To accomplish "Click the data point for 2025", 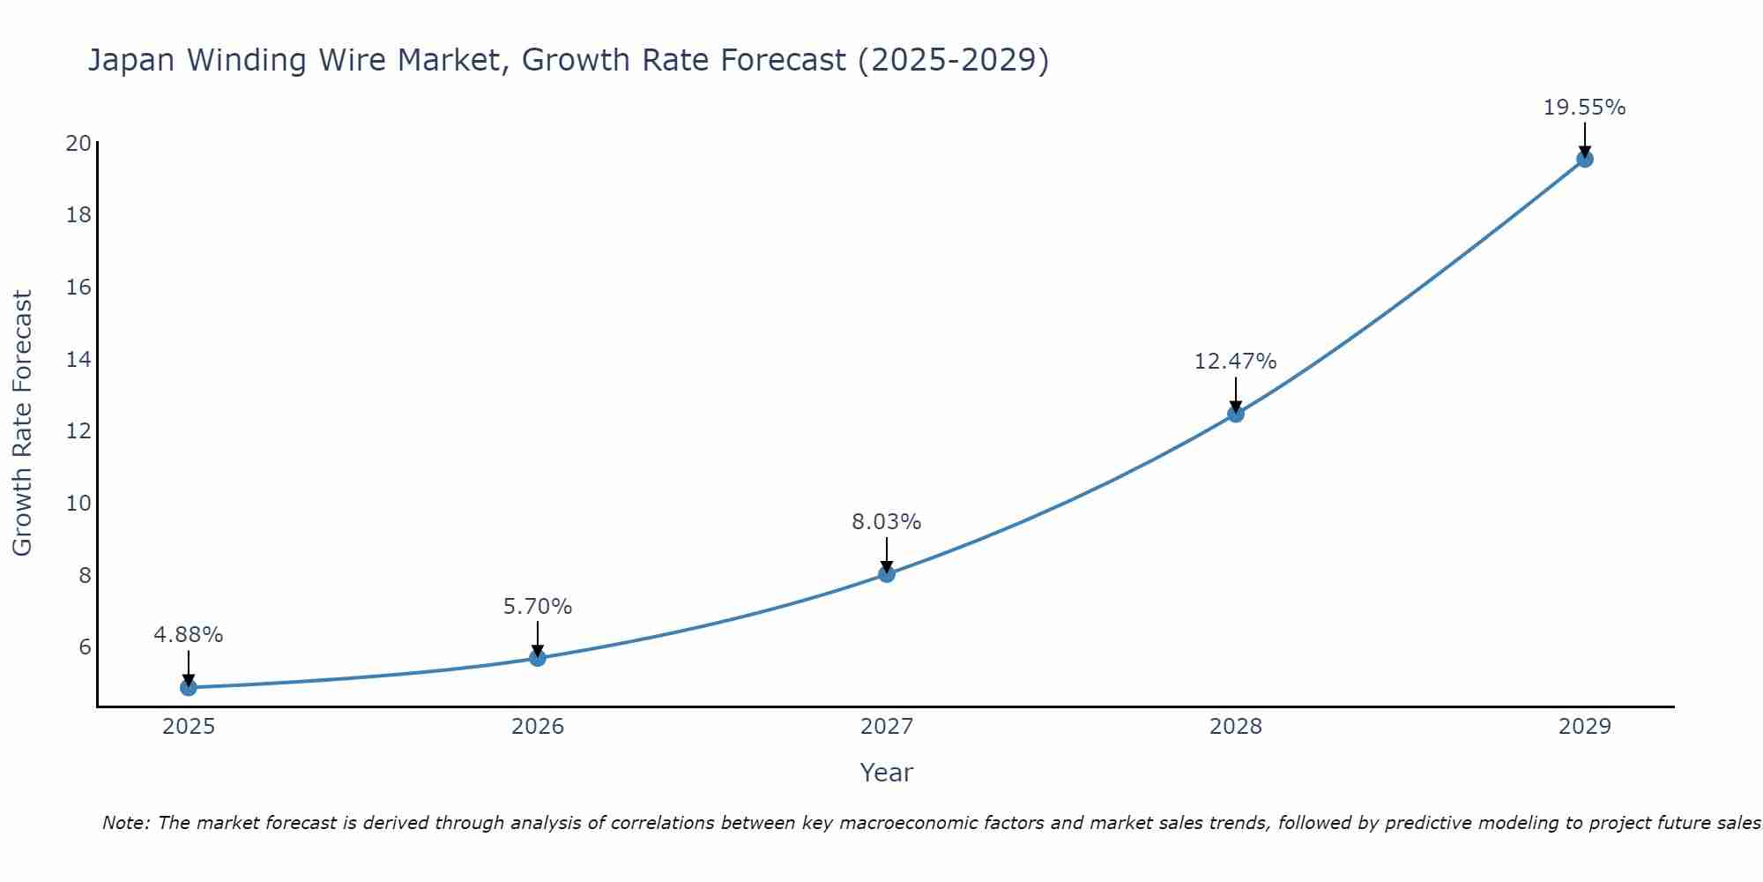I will (x=189, y=687).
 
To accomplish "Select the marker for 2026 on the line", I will (x=538, y=658).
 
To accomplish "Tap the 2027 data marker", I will (x=887, y=574).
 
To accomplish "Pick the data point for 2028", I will (x=1236, y=414).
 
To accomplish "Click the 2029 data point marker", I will (x=1585, y=160).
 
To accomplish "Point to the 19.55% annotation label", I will (x=1584, y=108).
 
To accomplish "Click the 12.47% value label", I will (x=1235, y=362).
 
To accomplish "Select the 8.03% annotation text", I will (x=886, y=522).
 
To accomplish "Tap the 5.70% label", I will (x=538, y=607).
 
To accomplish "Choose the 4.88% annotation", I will (x=189, y=635).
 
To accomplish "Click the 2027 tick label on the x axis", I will (x=887, y=727).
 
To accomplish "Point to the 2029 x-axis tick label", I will (x=1585, y=727).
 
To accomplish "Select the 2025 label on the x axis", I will (x=189, y=727).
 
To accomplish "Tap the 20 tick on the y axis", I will (x=78, y=143).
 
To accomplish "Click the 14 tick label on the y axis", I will (x=78, y=359).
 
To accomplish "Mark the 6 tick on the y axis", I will (x=85, y=647).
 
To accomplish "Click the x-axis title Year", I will (x=886, y=773).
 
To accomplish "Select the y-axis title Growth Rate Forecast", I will (x=22, y=423).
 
